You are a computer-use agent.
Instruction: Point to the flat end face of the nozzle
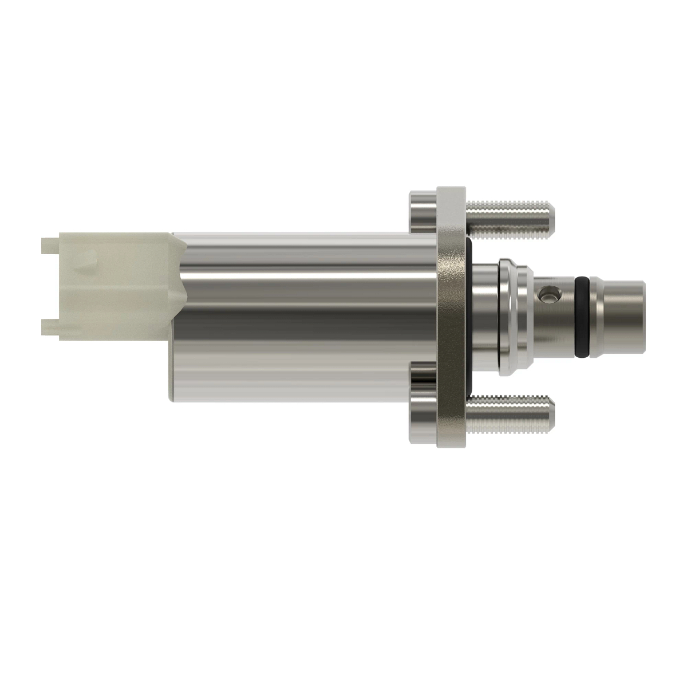pyautogui.click(x=642, y=315)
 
